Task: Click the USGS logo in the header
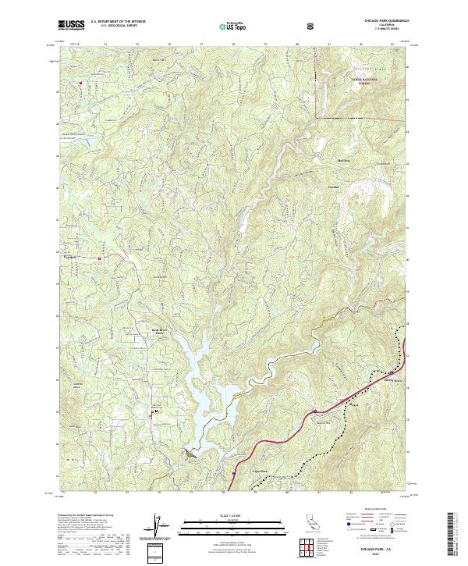(x=72, y=25)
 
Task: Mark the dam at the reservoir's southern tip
(x=190, y=454)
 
